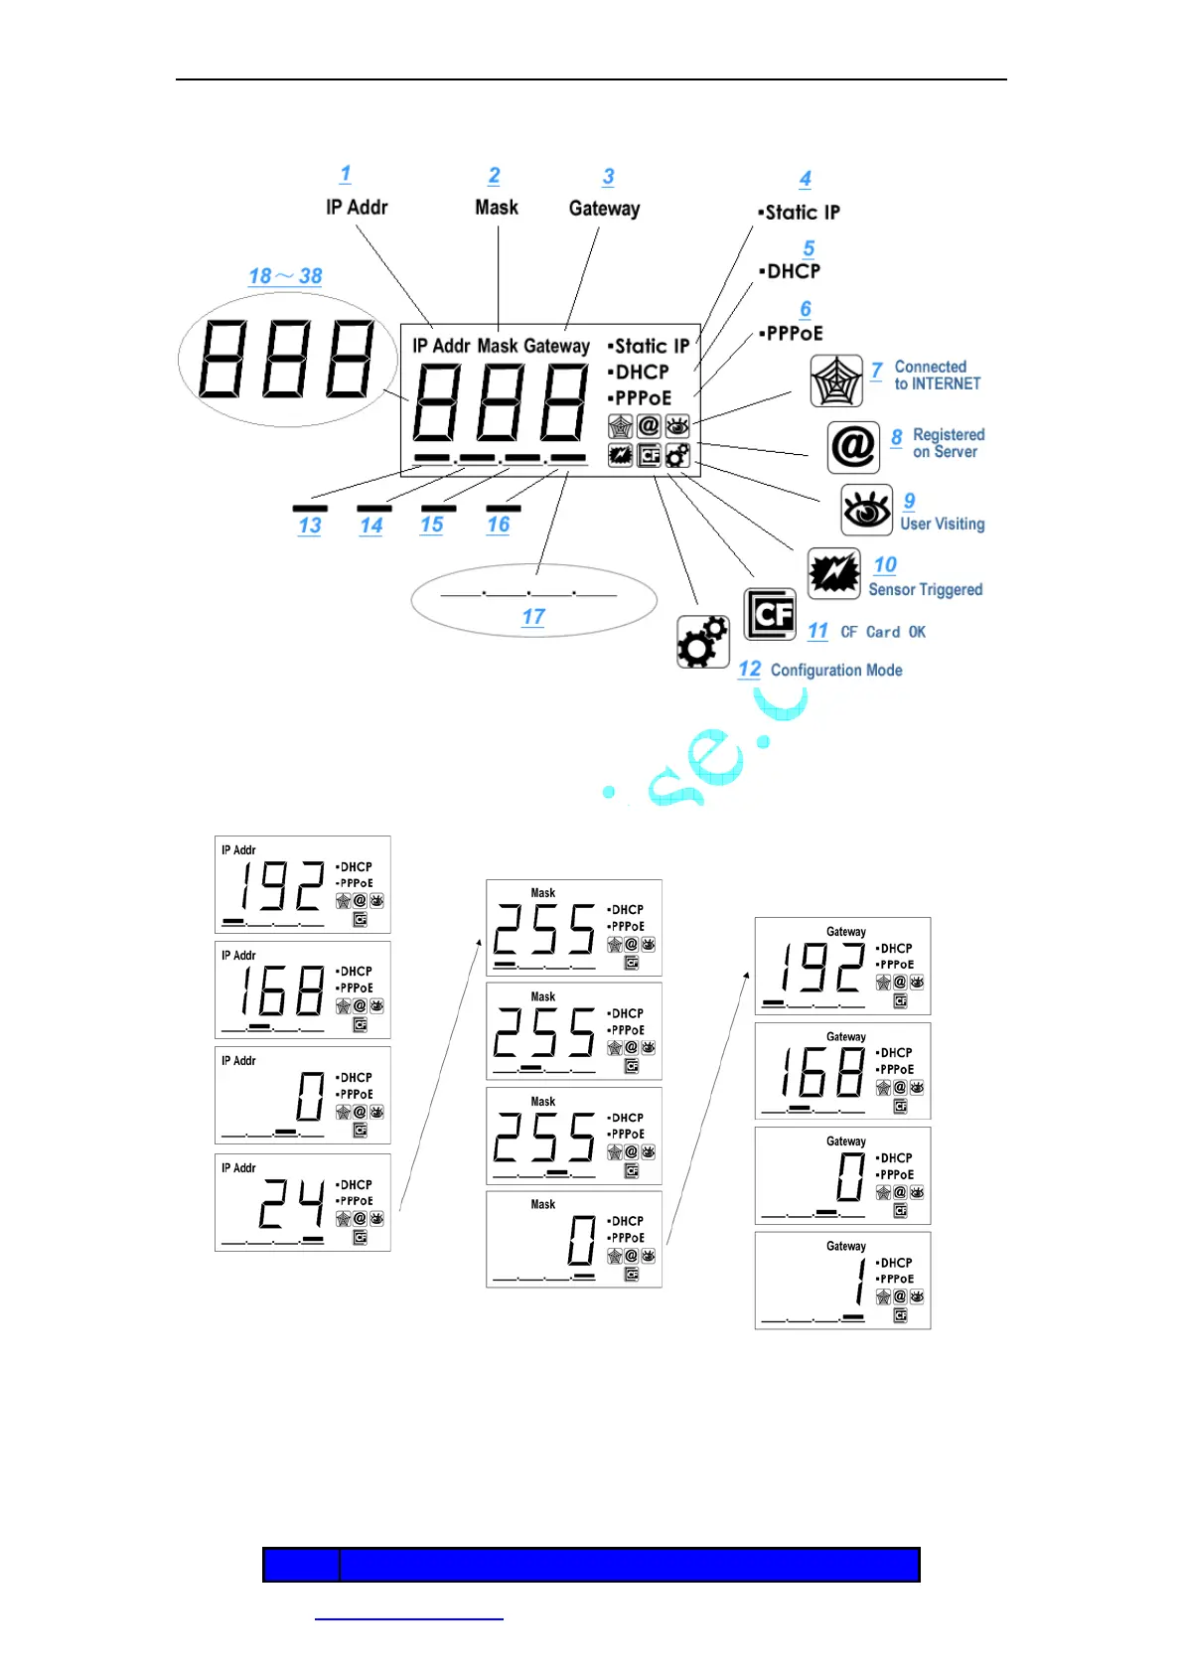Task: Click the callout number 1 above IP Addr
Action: coord(345,174)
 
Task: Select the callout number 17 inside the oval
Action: coord(533,617)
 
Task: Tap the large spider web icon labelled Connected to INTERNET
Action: coord(836,380)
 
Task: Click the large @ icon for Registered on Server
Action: coord(853,447)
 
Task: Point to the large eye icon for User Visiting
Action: coord(866,511)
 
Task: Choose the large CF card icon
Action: coord(770,614)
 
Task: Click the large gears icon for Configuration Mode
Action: coord(702,642)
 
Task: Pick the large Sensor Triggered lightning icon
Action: coord(833,574)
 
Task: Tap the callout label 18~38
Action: coord(285,276)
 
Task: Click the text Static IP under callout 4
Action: coord(802,213)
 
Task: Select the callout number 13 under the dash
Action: coord(310,526)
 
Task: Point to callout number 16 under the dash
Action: coord(499,525)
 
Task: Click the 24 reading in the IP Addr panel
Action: coord(291,1204)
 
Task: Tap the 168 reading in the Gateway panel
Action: coord(821,1073)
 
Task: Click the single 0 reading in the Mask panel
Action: coord(582,1241)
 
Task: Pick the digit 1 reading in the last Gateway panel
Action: coord(859,1282)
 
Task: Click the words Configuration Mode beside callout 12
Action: coord(836,671)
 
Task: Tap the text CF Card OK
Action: coord(883,632)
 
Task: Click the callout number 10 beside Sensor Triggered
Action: coord(885,565)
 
